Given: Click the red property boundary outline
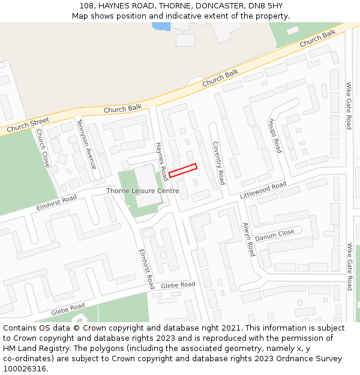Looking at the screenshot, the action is pyautogui.click(x=183, y=170).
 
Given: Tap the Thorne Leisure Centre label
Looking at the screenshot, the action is pyautogui.click(x=142, y=191).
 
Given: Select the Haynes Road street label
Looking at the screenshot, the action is pyautogui.click(x=161, y=161).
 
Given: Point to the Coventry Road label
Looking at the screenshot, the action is pyautogui.click(x=218, y=163).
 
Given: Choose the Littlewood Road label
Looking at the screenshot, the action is pyautogui.click(x=263, y=191).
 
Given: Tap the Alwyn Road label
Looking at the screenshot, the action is pyautogui.click(x=249, y=239).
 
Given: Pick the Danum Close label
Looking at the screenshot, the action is pyautogui.click(x=274, y=235).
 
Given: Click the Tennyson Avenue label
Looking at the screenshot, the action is pyautogui.click(x=86, y=144).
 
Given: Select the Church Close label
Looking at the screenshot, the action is pyautogui.click(x=43, y=148).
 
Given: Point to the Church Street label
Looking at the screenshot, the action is pyautogui.click(x=28, y=125).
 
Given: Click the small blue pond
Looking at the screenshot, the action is pyautogui.click(x=161, y=26).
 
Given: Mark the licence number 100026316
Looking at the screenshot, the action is pyautogui.click(x=25, y=369).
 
